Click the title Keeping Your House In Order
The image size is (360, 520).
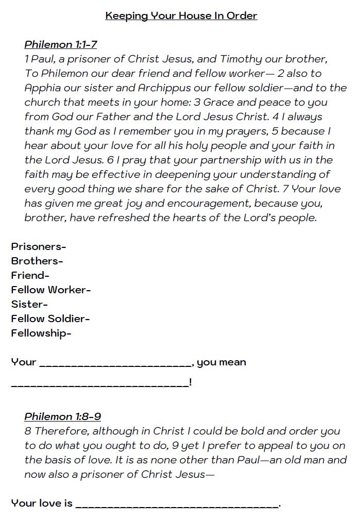[x=181, y=16]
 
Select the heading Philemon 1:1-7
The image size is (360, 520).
[x=61, y=44]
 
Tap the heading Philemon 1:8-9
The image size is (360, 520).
[x=62, y=416]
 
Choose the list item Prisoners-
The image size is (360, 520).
[x=39, y=246]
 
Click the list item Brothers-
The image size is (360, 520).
[x=37, y=261]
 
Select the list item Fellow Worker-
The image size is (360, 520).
[x=51, y=290]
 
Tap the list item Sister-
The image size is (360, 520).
[x=29, y=304]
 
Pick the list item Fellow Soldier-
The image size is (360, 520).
[x=50, y=318]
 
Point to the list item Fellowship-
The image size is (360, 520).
[x=41, y=333]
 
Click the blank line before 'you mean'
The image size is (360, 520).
[x=115, y=365]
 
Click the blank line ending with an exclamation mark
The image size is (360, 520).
[x=100, y=384]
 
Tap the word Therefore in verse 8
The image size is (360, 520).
[x=62, y=431]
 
